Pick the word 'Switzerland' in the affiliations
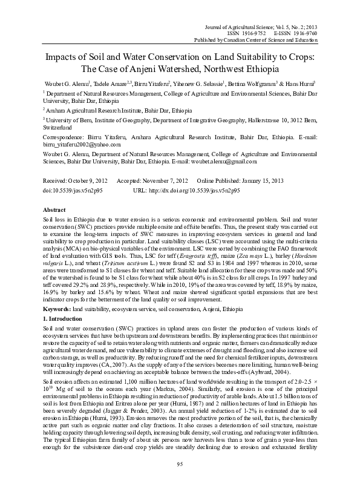(57, 128)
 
